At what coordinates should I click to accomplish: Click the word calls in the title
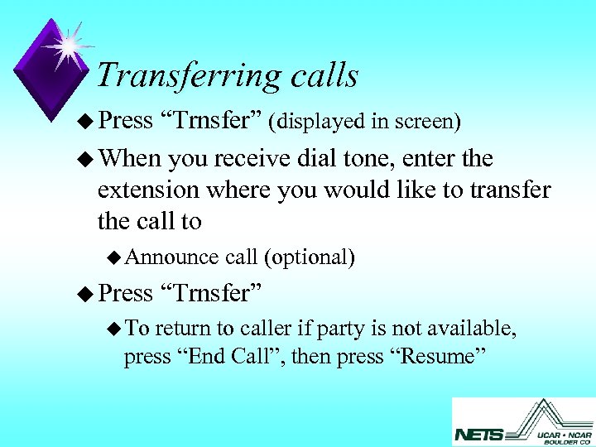(324, 75)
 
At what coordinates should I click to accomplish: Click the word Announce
(171, 257)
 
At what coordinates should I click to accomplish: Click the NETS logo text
(479, 433)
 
